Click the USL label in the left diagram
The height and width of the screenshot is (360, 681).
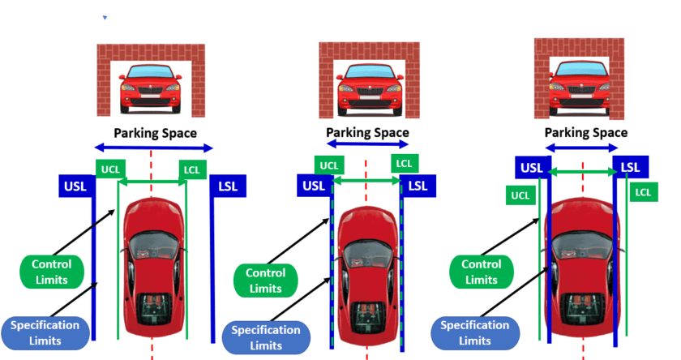click(75, 186)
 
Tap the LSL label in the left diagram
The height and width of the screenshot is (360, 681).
click(228, 186)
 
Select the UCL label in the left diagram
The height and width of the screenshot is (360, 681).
click(110, 169)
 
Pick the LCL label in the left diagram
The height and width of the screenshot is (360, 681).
click(192, 169)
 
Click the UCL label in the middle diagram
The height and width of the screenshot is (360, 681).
click(329, 165)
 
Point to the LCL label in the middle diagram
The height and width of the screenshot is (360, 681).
click(405, 164)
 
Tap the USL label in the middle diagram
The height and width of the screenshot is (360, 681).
click(314, 186)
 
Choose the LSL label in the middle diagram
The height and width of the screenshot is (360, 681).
click(418, 186)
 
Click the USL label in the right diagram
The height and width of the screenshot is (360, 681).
click(532, 168)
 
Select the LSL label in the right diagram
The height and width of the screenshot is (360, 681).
click(631, 167)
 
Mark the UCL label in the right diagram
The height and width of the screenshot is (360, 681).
click(520, 195)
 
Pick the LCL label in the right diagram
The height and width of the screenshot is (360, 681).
click(644, 192)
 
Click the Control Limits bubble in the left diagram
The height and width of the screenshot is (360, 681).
click(52, 272)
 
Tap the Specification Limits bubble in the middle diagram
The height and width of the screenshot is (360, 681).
click(266, 337)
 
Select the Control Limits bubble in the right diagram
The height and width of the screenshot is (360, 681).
click(482, 272)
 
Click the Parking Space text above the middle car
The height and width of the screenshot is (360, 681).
click(367, 132)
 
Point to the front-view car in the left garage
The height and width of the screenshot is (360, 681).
click(151, 89)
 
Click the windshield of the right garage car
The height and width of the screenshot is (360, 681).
click(582, 70)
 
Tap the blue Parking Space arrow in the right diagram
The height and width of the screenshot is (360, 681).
click(581, 148)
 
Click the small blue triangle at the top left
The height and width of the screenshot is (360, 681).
click(105, 18)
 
